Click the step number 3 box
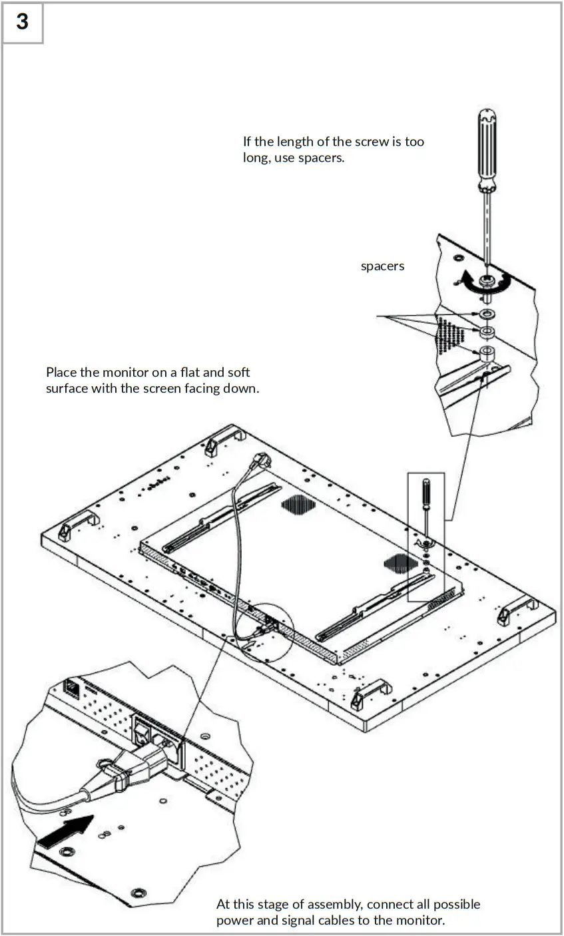[23, 22]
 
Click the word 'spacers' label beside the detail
[382, 266]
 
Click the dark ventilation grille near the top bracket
[296, 506]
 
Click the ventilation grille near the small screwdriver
[400, 564]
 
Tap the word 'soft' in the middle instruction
[238, 372]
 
